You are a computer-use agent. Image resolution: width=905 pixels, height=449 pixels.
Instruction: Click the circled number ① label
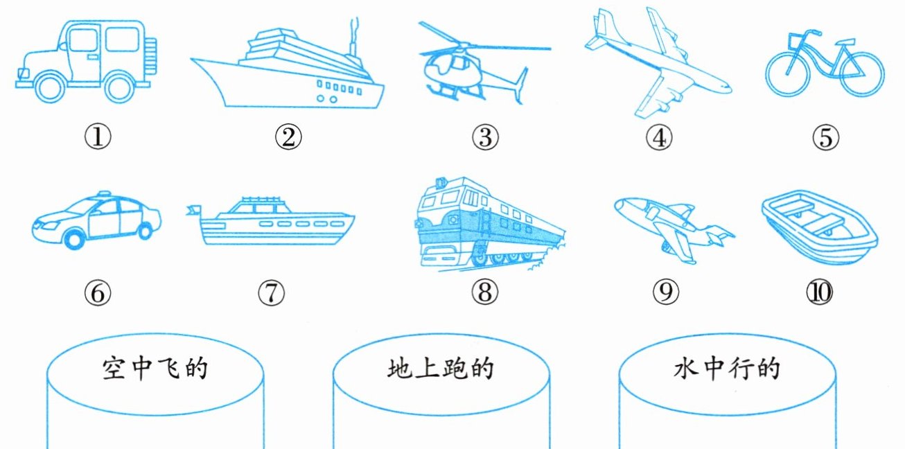click(98, 137)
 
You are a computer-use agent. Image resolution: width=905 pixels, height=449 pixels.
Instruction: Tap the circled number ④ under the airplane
click(659, 137)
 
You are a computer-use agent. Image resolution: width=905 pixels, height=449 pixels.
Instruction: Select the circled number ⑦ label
click(271, 292)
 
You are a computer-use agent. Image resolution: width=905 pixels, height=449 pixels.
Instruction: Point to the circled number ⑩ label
click(819, 292)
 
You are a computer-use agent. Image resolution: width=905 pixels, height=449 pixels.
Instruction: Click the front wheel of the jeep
click(50, 87)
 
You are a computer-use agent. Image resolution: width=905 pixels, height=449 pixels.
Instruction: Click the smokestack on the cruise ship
click(353, 38)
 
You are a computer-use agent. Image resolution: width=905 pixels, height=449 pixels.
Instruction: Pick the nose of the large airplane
click(726, 89)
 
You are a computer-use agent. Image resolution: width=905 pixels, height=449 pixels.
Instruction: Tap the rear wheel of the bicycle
click(863, 75)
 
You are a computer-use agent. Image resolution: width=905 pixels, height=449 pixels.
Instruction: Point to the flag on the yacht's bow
click(193, 210)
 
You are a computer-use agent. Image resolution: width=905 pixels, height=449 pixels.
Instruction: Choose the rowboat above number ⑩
click(819, 227)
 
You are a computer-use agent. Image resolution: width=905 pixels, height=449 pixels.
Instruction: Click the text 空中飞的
click(155, 368)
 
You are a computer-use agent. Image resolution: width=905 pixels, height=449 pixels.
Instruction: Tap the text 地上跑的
click(441, 368)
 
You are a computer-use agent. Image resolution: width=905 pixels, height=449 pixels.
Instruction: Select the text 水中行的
click(727, 368)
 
